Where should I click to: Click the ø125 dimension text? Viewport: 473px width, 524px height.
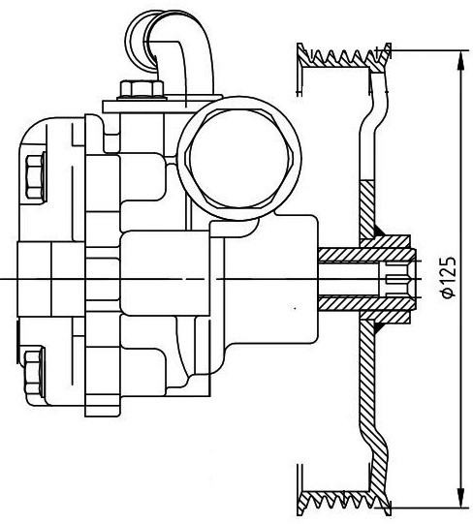448,277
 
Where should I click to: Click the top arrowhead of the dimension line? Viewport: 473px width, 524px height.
461,60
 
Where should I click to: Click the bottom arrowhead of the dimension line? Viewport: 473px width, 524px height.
461,497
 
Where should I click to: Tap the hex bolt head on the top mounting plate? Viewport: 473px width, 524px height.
142,89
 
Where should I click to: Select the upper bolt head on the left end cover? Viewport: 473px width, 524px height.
35,177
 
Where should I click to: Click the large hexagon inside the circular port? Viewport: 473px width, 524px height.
240,159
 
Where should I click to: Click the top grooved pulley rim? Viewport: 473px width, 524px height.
344,57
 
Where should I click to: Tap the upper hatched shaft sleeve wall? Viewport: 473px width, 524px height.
366,255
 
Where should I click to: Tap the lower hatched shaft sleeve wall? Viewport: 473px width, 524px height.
366,302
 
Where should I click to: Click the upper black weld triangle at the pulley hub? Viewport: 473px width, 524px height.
380,231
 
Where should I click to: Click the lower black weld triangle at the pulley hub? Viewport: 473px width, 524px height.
380,327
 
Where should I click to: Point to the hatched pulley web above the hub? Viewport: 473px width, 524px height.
367,210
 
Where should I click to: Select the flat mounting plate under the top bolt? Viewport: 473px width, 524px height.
162,107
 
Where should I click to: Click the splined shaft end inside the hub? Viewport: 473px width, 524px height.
399,279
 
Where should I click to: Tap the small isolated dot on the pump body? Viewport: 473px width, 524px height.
295,308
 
